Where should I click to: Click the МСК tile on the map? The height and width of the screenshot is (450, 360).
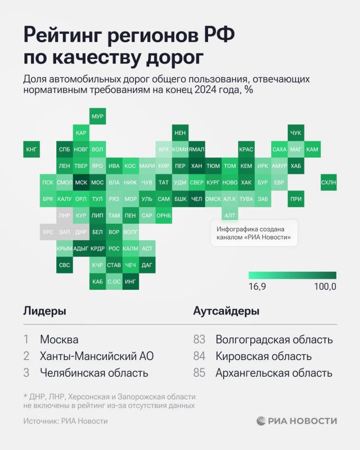tap(81, 182)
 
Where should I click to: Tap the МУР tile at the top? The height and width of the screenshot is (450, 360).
tap(97, 116)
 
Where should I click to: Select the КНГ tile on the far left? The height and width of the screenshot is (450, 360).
tap(31, 150)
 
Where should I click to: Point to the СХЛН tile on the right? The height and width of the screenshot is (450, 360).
tap(328, 182)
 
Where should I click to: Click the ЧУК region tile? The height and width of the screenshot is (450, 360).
tap(295, 133)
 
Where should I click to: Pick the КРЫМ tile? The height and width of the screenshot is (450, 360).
tap(65, 248)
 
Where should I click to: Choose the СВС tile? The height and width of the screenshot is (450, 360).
tap(65, 264)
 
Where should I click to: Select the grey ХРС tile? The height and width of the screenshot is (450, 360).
tap(48, 232)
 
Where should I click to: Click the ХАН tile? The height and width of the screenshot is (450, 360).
tap(196, 166)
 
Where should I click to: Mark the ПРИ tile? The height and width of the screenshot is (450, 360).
tap(295, 199)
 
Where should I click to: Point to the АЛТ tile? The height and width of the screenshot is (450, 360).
tap(229, 215)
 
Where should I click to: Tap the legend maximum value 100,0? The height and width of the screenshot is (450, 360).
tap(325, 287)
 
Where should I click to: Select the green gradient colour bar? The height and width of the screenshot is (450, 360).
tap(292, 275)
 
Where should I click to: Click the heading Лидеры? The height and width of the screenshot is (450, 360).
tap(44, 311)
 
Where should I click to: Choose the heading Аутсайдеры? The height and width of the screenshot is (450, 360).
tap(226, 311)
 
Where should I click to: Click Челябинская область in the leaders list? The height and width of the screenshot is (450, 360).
tap(94, 372)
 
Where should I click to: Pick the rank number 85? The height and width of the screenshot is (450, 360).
tap(200, 372)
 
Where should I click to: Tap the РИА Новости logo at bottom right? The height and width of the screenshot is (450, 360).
tap(297, 421)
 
